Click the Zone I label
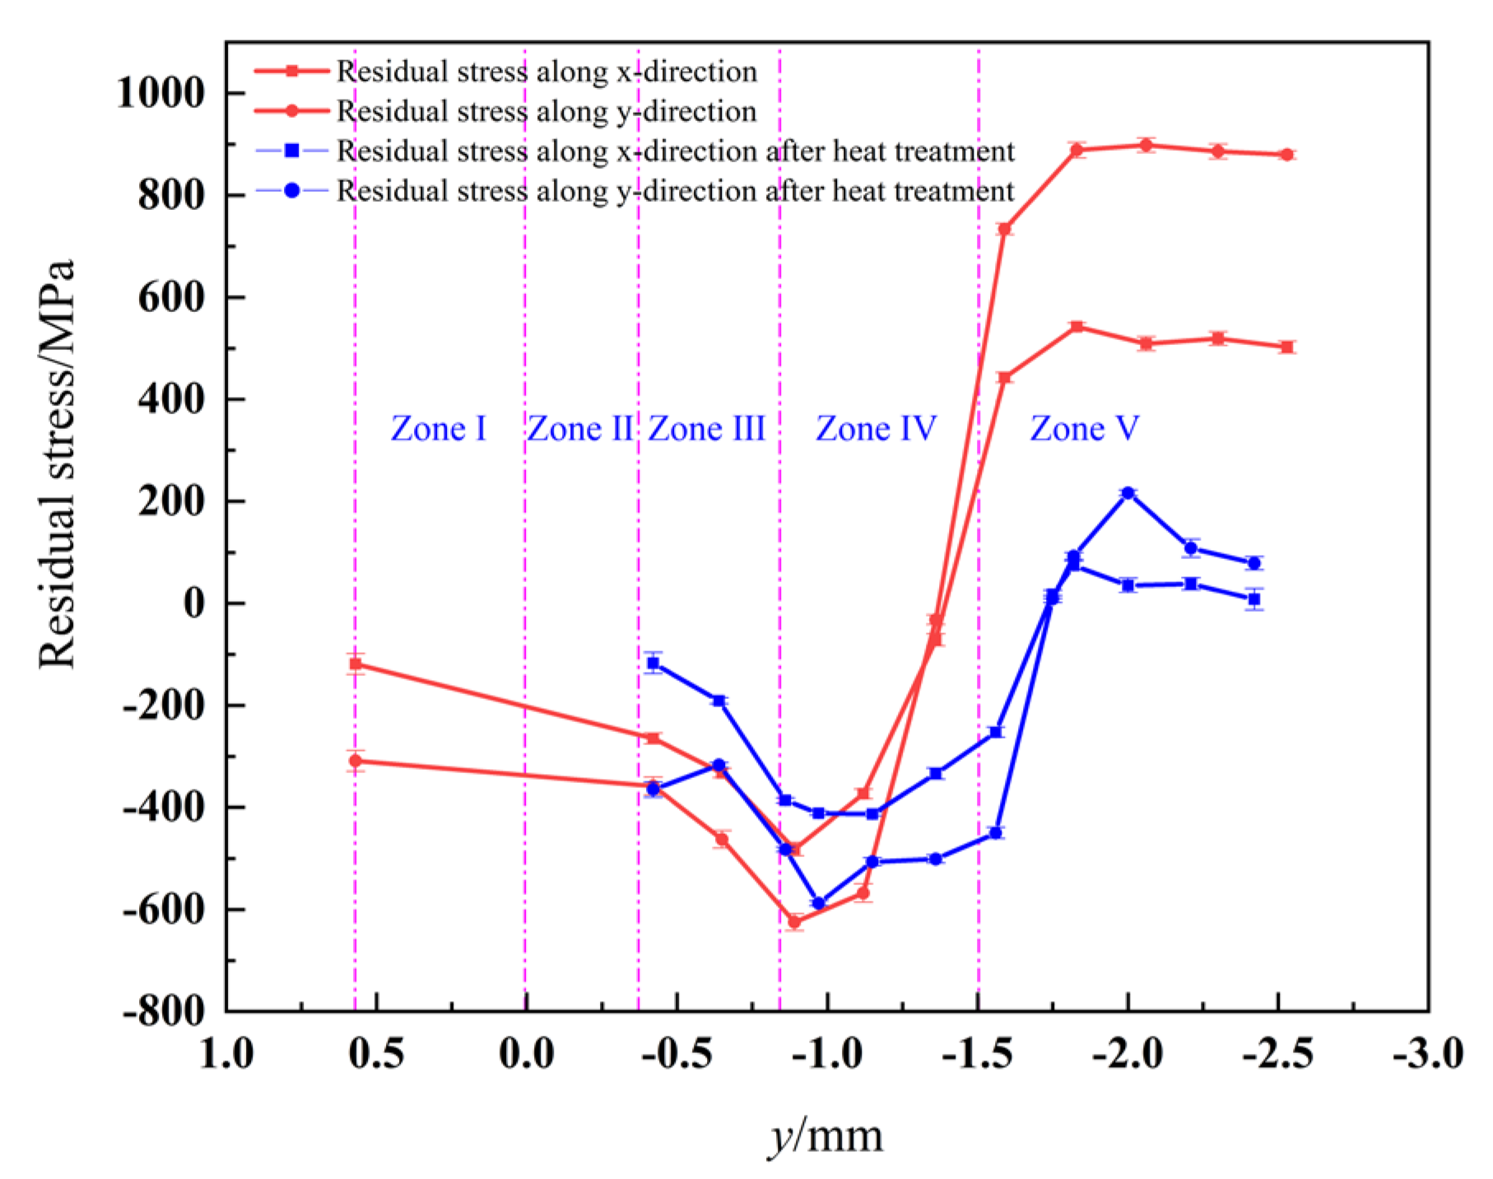438,429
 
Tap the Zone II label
579,429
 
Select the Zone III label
706,429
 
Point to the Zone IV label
876,429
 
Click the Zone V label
1084,429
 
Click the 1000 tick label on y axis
160,93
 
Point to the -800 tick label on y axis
164,1011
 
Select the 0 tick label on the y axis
194,603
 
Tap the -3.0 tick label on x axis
1427,1055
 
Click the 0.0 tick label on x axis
526,1055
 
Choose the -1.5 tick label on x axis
977,1055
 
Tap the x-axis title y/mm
826,1136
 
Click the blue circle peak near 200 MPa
1128,493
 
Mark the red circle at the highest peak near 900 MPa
1146,145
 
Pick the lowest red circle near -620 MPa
794,921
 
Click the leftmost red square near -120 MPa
356,664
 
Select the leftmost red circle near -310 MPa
356,761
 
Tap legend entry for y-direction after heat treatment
675,191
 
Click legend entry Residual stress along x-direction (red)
547,72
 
